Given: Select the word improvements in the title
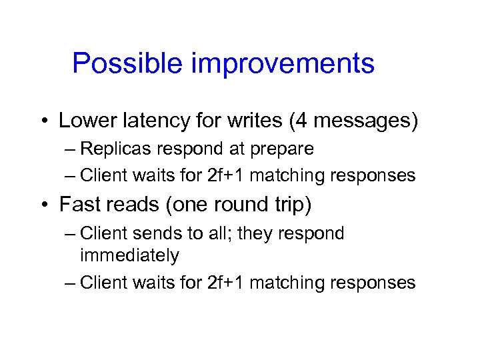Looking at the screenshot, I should pyautogui.click(x=283, y=64).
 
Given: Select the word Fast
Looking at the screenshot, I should pyautogui.click(x=79, y=205).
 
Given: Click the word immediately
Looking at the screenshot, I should pyautogui.click(x=129, y=255).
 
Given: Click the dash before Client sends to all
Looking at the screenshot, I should pyautogui.click(x=70, y=234).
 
